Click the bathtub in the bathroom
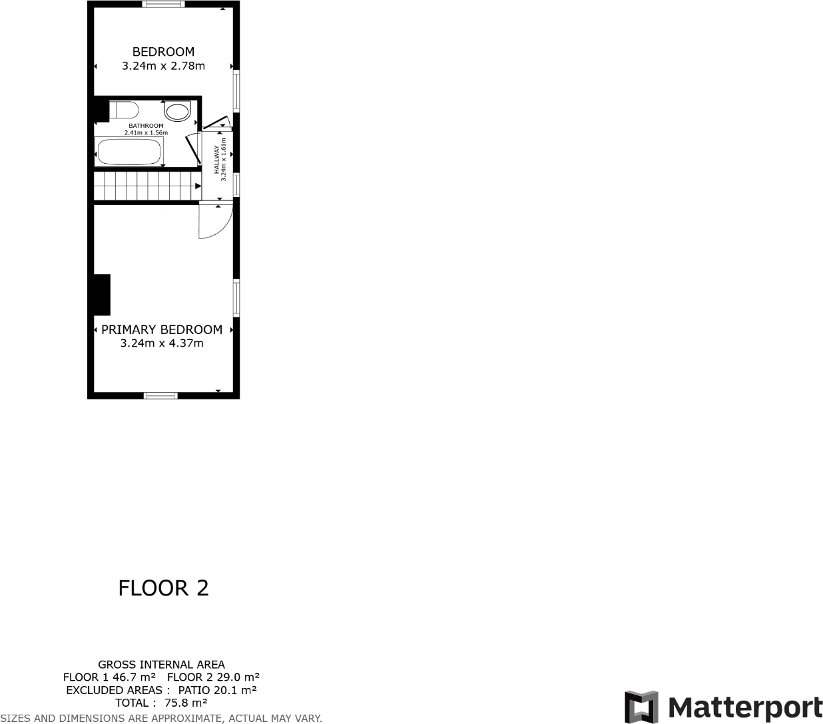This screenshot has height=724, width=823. click(x=129, y=152)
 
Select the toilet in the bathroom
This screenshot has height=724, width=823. click(x=124, y=110)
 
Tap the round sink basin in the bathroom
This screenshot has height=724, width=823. click(x=177, y=110)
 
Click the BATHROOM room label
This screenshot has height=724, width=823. click(x=146, y=126)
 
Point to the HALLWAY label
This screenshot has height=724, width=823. click(x=216, y=160)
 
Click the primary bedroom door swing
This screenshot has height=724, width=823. click(x=214, y=222)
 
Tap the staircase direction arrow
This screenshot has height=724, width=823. click(x=197, y=186)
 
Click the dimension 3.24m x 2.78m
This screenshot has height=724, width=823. click(x=163, y=66)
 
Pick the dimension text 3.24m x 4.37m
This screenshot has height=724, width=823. click(x=162, y=343)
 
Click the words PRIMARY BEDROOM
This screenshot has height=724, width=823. click(x=162, y=329)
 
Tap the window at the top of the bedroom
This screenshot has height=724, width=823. click(x=164, y=5)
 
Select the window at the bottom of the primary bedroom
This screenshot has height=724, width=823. click(x=161, y=396)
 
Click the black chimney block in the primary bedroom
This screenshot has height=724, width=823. click(x=102, y=294)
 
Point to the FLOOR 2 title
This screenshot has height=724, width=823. click(x=163, y=588)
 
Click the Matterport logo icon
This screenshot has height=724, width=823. click(x=641, y=707)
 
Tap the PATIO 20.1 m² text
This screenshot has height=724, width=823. click(x=218, y=690)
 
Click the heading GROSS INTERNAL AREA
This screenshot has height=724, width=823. click(x=161, y=664)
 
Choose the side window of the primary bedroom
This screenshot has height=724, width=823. click(x=236, y=297)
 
